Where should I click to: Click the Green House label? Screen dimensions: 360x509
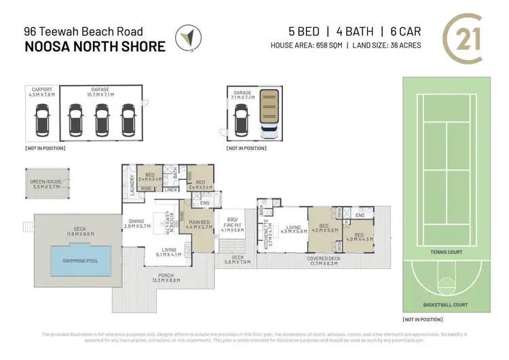coord(47,183)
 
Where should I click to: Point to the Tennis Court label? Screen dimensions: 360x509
coord(445,252)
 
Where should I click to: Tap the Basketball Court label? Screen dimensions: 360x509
coord(445,304)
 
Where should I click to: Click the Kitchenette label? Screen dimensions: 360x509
coord(269,232)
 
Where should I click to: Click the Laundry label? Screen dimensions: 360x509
coord(131,186)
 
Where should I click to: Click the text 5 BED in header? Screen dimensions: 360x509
coord(303,31)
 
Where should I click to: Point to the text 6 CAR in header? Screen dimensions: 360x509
coord(400,31)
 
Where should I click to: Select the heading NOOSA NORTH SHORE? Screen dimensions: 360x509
coord(94,46)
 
